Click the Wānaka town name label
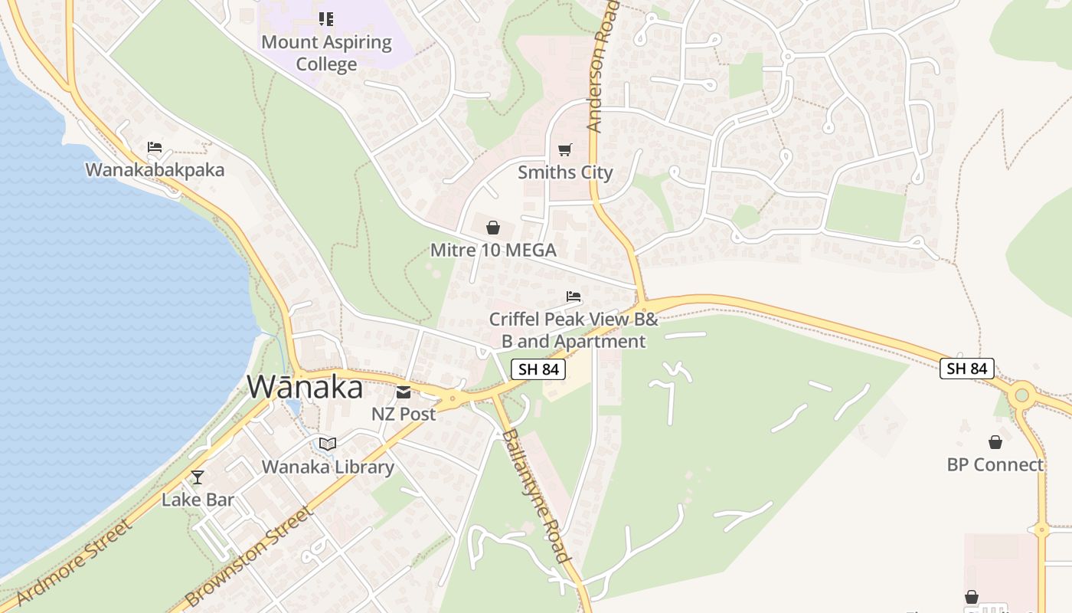(305, 388)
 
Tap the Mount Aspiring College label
(326, 53)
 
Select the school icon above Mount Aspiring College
(326, 18)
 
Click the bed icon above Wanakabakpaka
(155, 147)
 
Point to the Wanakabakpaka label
(155, 169)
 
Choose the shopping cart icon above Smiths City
(565, 149)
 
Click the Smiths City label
(565, 172)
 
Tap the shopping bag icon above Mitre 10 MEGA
(493, 228)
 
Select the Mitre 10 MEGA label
(493, 251)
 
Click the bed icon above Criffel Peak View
(574, 297)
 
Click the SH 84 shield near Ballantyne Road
(538, 369)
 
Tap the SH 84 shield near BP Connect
(967, 369)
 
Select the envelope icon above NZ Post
(404, 392)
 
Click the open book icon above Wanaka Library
(328, 444)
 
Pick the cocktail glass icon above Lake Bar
(198, 477)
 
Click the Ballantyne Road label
(535, 496)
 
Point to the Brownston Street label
(250, 557)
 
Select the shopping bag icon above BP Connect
(995, 442)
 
